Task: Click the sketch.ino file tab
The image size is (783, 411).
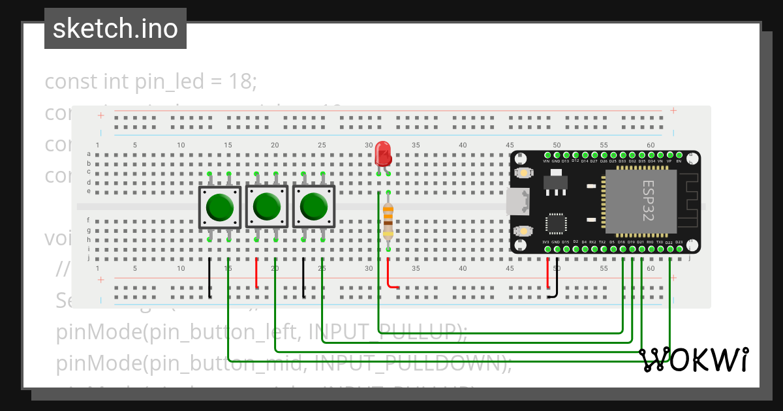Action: coord(115,29)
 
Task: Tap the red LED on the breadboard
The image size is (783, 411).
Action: coord(383,154)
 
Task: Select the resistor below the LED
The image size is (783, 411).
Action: coord(388,221)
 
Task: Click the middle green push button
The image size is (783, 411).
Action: coord(266,207)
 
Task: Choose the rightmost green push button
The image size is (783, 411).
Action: coord(314,207)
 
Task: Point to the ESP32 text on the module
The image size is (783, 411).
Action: coord(648,201)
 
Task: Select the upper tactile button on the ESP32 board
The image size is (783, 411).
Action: coord(523,173)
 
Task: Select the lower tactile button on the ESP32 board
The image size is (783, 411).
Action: coord(523,231)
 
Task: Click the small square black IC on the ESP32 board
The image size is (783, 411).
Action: coord(555,223)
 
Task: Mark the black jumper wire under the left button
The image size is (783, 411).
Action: coord(209,278)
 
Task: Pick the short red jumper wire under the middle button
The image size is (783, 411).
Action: coord(256,273)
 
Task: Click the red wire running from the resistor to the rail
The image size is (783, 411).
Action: coord(391,277)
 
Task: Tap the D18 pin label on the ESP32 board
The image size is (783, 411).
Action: coord(622,242)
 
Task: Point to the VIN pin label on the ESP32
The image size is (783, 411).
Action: coord(547,160)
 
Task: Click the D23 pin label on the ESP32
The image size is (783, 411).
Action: coord(679,242)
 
